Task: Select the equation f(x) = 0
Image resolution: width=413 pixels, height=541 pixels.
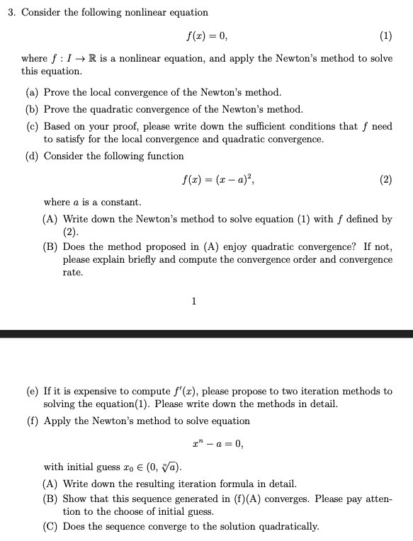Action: click(x=206, y=35)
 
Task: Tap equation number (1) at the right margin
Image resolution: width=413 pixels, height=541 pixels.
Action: click(x=385, y=35)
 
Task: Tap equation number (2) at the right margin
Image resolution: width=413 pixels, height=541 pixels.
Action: click(x=385, y=180)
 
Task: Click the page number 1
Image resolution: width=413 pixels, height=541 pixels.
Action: click(x=193, y=302)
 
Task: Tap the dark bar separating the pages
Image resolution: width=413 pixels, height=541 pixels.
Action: click(x=206, y=333)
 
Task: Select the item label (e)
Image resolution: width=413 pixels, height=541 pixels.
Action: click(x=33, y=392)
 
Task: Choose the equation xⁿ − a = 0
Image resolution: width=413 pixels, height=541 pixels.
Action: click(x=217, y=444)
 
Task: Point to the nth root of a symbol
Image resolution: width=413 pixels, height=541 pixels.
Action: click(x=170, y=467)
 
